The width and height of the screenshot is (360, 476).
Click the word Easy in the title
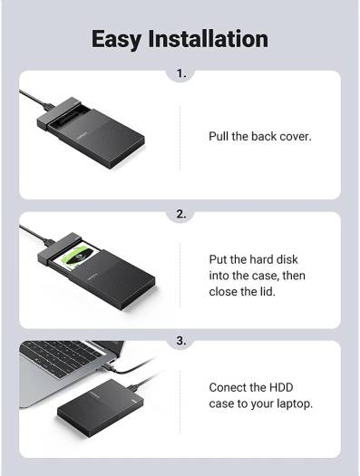(123, 39)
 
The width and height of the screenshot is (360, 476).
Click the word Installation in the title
(212, 39)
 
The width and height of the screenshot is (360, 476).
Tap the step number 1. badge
(180, 73)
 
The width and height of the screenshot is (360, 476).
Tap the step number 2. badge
(180, 215)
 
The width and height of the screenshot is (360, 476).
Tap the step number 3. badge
(180, 342)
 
